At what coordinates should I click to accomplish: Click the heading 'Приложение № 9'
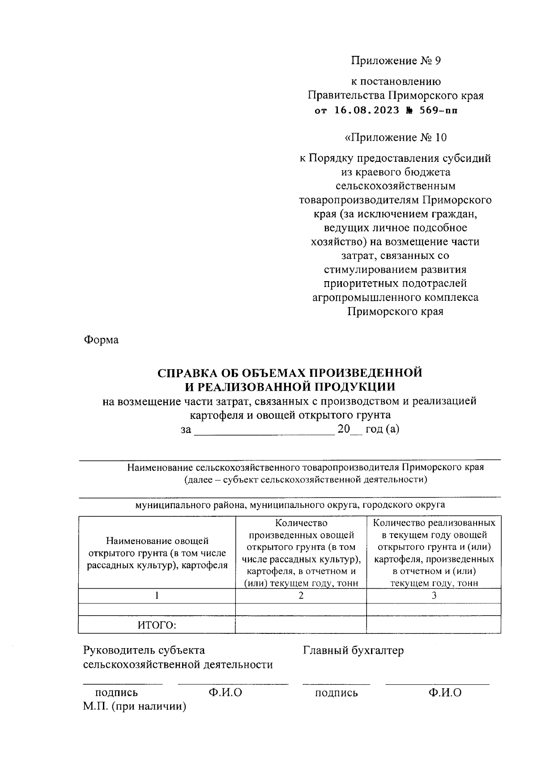tap(396, 60)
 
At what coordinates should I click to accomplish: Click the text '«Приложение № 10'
tap(396, 137)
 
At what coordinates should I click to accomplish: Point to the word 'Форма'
tap(101, 340)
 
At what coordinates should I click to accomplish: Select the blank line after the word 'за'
tap(264, 430)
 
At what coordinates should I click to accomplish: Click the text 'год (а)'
tap(382, 430)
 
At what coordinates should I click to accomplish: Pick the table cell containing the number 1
tap(157, 595)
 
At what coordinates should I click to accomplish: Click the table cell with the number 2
tap(301, 595)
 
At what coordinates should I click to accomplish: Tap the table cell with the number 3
tap(434, 595)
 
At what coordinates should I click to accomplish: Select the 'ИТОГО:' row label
tap(157, 625)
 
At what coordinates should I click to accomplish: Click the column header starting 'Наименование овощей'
tap(157, 553)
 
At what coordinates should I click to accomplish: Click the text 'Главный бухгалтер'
tap(353, 650)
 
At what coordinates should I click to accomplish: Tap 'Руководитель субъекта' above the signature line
tap(144, 650)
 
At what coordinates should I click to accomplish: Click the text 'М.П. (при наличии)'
tap(134, 707)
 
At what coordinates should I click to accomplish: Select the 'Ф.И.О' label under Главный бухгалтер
tap(444, 693)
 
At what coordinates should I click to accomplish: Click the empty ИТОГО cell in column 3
tap(434, 624)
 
